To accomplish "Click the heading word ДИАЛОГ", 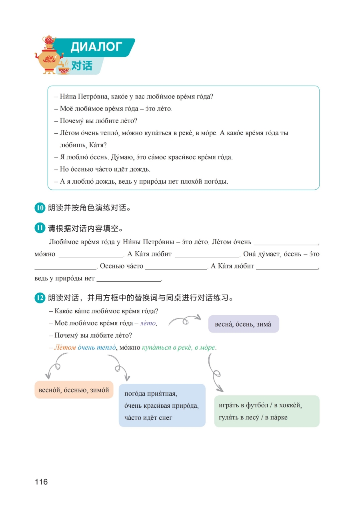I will pos(96,47).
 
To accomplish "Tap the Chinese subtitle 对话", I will pos(82,66).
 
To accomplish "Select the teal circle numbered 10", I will pos(40,208).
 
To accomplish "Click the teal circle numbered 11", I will pos(40,228).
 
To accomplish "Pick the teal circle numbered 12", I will pos(40,298).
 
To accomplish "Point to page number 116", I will pos(41,482).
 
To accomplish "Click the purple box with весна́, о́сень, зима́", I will pos(243,324).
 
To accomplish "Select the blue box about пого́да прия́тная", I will pos(162,405).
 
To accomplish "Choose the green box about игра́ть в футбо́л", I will pos(266,411).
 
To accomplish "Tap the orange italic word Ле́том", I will pos(65,348).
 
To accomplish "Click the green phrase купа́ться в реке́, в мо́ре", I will pos(178,348).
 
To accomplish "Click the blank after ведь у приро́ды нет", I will pos(128,279).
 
